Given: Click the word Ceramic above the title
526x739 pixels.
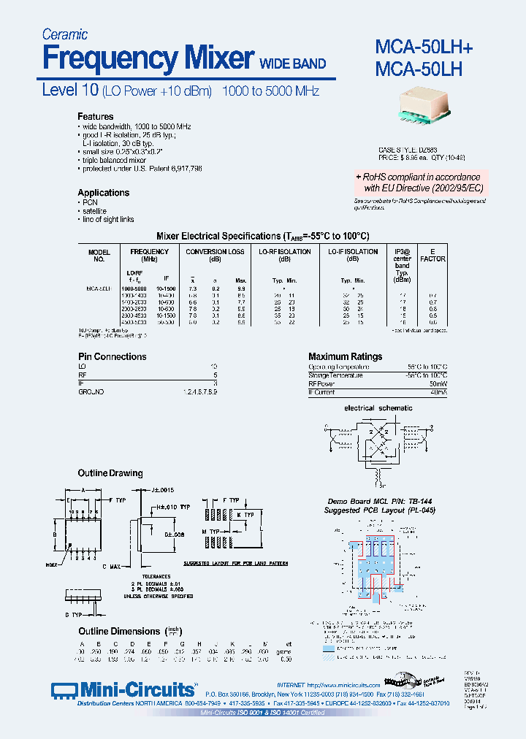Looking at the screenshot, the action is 65,34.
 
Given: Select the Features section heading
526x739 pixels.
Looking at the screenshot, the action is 96,117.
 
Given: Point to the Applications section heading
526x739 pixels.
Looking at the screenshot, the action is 104,193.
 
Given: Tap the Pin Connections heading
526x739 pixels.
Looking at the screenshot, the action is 113,357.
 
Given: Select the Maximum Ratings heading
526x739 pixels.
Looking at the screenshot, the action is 345,357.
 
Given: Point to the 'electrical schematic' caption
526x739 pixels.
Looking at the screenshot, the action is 378,408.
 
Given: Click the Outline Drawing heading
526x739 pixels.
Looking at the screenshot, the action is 110,473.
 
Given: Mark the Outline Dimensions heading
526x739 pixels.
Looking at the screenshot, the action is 119,631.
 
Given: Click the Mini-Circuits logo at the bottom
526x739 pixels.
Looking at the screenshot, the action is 125,690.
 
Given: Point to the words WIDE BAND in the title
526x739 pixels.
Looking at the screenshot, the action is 293,64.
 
